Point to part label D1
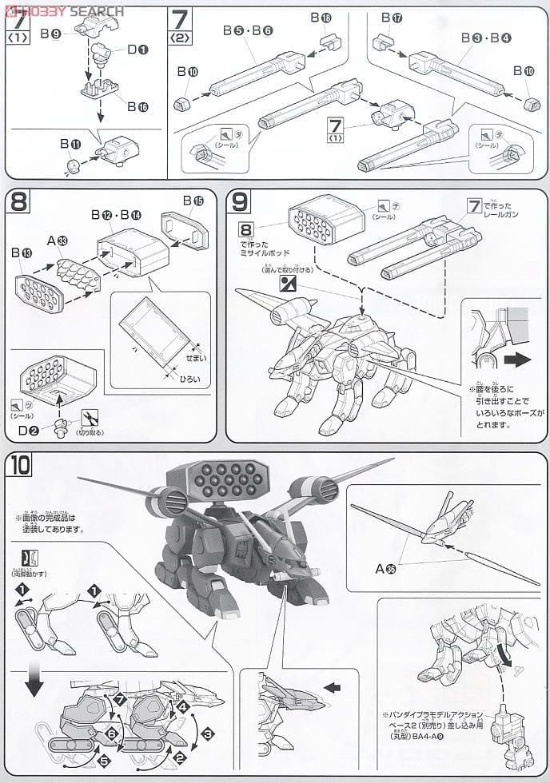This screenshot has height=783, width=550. click(137, 50)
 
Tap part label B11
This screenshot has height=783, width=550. click(71, 144)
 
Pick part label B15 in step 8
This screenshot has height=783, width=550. click(193, 200)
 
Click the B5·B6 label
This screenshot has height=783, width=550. click(249, 30)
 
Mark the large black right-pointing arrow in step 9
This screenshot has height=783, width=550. click(517, 360)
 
